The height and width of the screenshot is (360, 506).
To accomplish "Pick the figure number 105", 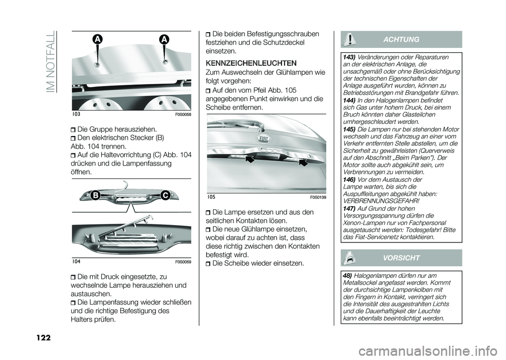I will (211, 197).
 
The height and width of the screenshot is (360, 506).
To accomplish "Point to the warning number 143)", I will (349, 57).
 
